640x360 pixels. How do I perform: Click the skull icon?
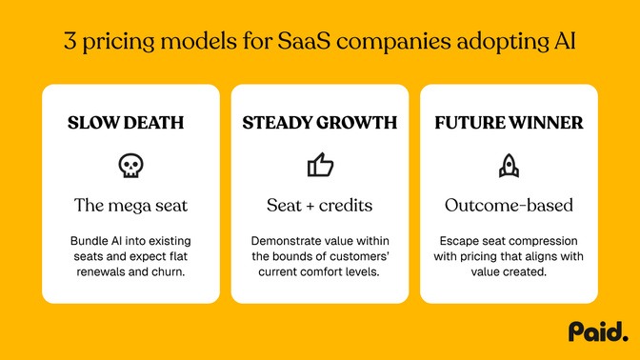[130, 167]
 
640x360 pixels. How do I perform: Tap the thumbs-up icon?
[320, 167]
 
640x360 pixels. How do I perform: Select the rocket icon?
[509, 167]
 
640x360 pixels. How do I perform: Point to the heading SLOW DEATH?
[130, 123]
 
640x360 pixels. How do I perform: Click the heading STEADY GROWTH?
[320, 123]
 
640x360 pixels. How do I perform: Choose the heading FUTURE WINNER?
[509, 123]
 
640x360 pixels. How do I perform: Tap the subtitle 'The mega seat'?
[130, 205]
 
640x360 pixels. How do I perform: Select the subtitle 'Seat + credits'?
[320, 205]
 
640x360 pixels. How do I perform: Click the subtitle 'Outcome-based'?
[509, 205]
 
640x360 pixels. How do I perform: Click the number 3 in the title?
[70, 42]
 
